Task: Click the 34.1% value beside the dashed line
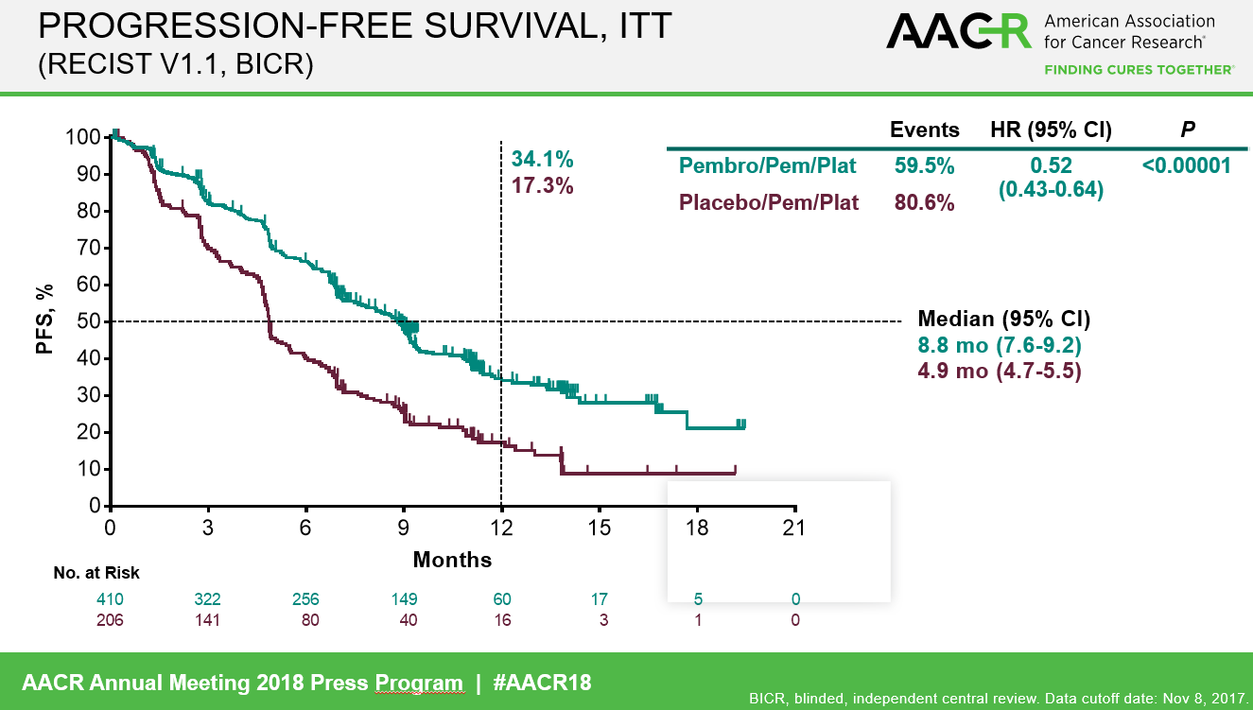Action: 543,159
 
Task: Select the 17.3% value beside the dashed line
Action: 543,185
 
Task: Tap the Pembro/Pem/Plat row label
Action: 767,166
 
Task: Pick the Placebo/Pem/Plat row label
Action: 769,202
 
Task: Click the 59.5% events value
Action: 924,166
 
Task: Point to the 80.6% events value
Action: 924,202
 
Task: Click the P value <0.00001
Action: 1186,165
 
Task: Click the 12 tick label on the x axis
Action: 501,528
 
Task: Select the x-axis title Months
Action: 452,560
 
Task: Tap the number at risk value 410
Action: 111,599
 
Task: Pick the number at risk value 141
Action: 208,620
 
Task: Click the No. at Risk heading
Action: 96,573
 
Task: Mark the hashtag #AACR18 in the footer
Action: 543,682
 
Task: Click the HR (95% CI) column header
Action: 1050,130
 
